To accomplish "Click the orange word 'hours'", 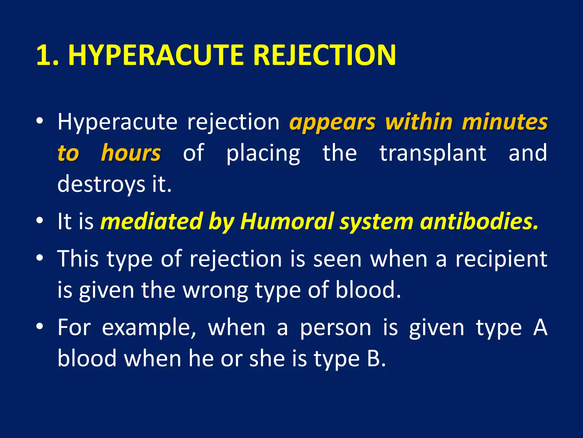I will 131,153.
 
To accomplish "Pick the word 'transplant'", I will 433,153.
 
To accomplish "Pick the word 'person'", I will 336,328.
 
